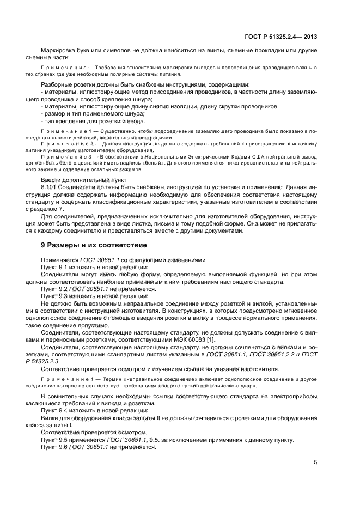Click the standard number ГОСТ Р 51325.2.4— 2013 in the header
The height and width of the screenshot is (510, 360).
[285, 37]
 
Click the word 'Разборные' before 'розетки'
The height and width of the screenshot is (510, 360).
[57, 84]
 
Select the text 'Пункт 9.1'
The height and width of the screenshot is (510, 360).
[56, 267]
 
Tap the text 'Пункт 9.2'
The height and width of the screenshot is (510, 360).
[56, 288]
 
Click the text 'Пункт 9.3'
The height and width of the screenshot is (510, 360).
[56, 295]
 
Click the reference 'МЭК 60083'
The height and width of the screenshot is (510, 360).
[189, 338]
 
